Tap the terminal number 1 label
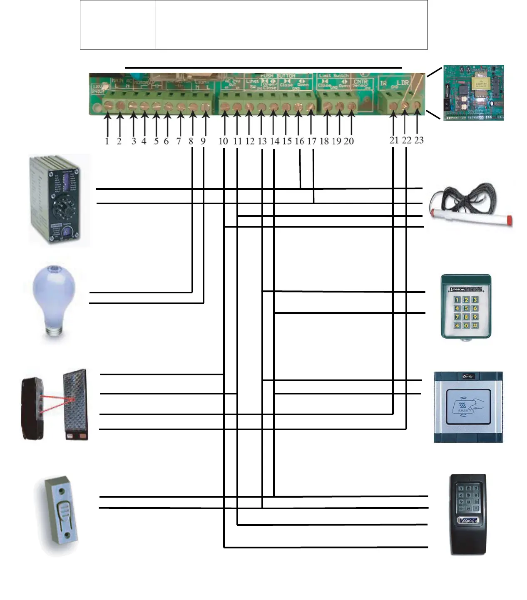click(107, 141)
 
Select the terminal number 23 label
click(419, 140)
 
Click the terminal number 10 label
click(223, 141)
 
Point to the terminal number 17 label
click(312, 141)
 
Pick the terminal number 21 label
click(394, 140)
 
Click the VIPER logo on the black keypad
click(468, 520)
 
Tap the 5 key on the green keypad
click(466, 308)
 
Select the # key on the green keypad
click(475, 325)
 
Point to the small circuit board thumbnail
click(473, 92)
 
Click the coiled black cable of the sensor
click(458, 200)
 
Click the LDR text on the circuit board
click(403, 83)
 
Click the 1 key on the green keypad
click(457, 300)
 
